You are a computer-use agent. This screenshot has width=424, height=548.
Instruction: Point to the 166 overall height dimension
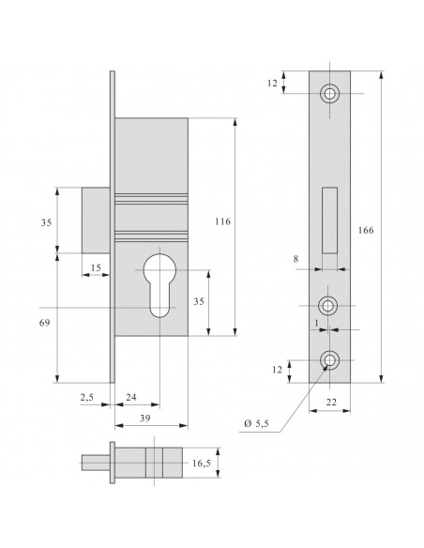369,229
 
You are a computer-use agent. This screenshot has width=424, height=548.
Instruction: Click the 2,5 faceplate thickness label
88,398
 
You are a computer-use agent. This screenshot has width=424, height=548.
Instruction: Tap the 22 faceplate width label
330,400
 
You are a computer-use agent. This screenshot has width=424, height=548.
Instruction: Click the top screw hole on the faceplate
329,94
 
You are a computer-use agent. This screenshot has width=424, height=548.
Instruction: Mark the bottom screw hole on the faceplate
329,360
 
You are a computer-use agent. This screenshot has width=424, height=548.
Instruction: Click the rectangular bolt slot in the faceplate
329,221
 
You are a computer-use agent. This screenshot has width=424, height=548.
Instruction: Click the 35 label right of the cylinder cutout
223,303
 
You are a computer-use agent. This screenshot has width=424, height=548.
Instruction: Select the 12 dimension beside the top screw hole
273,84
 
